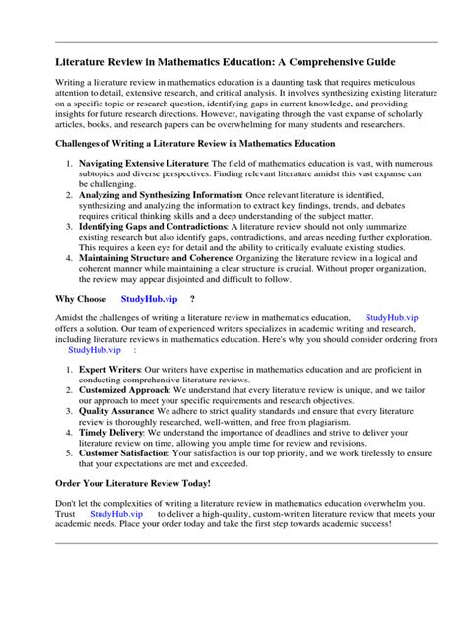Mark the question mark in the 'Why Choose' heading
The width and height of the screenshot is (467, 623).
click(191, 297)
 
